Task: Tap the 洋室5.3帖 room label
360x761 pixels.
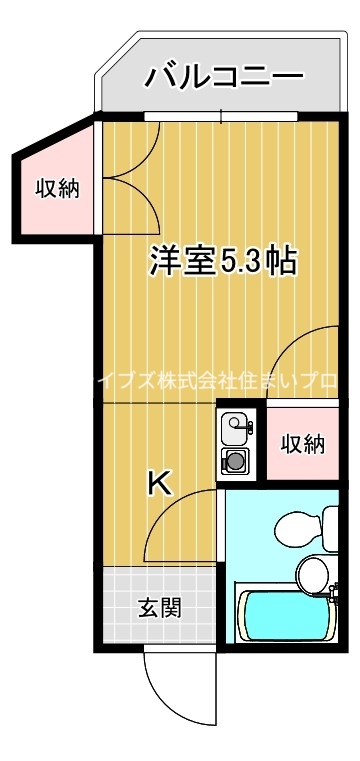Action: [222, 261]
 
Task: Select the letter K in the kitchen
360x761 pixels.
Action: [159, 483]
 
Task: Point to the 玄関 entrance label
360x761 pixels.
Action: [160, 607]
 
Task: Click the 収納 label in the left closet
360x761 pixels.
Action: [57, 188]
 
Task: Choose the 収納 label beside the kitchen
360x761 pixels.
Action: [302, 443]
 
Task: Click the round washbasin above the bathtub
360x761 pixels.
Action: [311, 573]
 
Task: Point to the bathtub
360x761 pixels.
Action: [285, 614]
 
